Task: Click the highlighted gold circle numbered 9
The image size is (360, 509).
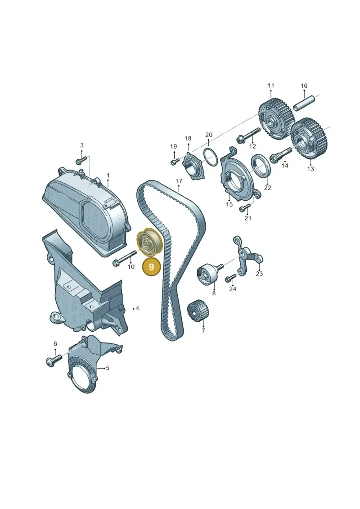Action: pyautogui.click(x=152, y=266)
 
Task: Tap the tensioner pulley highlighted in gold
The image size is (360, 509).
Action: pyautogui.click(x=149, y=243)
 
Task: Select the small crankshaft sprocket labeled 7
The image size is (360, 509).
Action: pyautogui.click(x=198, y=310)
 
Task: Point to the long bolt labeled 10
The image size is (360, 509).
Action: pyautogui.click(x=124, y=258)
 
